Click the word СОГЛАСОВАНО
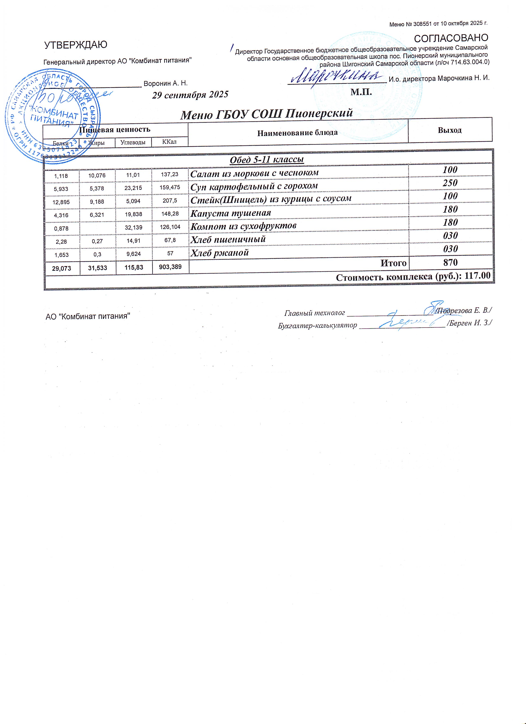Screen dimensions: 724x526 tap(451, 38)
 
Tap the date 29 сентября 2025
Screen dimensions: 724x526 tap(190, 94)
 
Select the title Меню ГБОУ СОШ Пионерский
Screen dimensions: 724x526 tap(267, 114)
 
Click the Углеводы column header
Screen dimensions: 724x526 tap(133, 142)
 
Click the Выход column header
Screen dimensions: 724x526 tap(450, 130)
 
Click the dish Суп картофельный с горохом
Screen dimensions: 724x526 tap(254, 186)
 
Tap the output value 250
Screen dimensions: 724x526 tap(450, 183)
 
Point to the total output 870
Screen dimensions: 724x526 tap(450, 262)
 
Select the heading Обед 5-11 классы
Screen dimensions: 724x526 tap(267, 160)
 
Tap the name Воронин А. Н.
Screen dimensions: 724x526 tap(165, 84)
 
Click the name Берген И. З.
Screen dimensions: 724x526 tap(469, 323)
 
